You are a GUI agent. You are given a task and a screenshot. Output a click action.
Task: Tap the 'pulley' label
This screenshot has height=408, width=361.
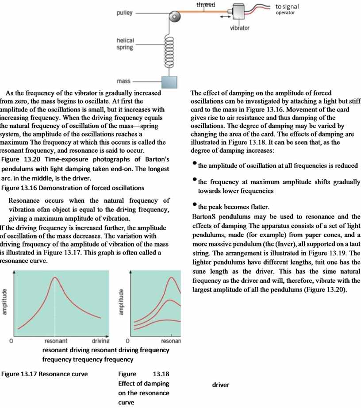click(x=124, y=13)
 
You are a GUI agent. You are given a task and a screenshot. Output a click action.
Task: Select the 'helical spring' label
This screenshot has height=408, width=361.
click(x=125, y=44)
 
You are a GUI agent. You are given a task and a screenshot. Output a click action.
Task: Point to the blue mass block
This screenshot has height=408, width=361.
click(x=169, y=82)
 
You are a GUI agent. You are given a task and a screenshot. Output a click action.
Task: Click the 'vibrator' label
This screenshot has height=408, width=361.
click(x=240, y=28)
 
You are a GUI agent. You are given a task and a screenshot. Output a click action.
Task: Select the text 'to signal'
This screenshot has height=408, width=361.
click(x=287, y=7)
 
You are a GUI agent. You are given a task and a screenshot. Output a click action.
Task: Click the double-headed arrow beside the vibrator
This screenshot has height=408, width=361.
click(x=225, y=16)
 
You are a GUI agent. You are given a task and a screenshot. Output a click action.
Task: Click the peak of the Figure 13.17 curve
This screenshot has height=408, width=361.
click(x=54, y=277)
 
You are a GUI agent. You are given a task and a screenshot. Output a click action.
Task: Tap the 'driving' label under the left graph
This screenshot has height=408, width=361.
click(x=100, y=341)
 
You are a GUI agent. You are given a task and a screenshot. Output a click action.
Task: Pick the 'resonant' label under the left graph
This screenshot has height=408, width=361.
click(x=56, y=341)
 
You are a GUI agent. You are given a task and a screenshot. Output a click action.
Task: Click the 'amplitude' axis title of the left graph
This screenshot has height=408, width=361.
click(x=5, y=302)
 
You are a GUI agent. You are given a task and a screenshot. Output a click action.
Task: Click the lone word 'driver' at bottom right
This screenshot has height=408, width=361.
click(x=221, y=385)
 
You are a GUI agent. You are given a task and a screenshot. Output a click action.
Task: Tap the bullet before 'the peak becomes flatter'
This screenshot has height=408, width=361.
click(x=194, y=205)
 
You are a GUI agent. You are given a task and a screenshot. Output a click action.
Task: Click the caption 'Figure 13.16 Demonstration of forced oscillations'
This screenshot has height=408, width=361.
click(x=73, y=188)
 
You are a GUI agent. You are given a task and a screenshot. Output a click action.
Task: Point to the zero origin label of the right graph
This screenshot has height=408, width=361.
click(x=127, y=341)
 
